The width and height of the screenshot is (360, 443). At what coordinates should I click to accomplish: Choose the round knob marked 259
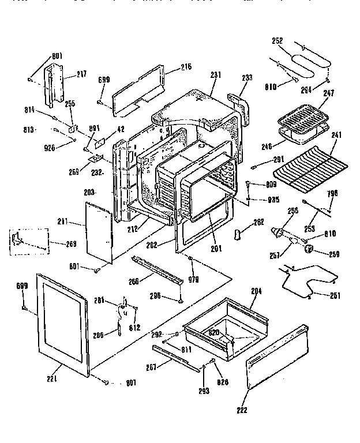pos(310,249)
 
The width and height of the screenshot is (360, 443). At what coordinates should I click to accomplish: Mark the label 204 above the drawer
pos(256,291)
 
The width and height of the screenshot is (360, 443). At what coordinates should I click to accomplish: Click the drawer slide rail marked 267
pos(176,356)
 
